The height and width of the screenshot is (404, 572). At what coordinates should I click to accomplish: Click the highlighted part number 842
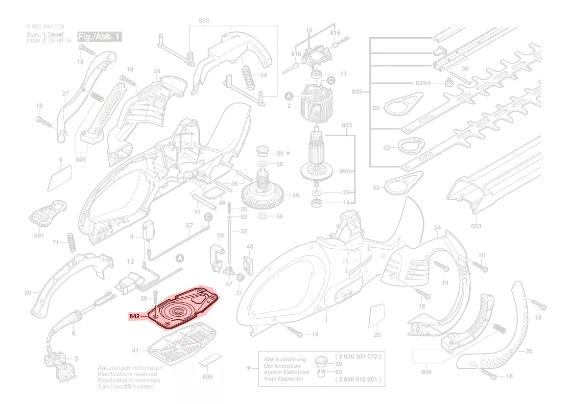(135, 316)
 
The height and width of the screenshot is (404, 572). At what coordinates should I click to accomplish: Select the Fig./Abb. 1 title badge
(99, 37)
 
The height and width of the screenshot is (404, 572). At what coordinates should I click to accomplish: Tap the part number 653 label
(476, 226)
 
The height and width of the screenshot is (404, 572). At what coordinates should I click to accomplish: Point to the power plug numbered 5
(55, 358)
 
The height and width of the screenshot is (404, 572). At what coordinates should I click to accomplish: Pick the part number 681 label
(39, 236)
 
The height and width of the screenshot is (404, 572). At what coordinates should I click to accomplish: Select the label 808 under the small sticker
(207, 377)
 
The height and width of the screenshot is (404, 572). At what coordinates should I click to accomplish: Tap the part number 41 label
(136, 351)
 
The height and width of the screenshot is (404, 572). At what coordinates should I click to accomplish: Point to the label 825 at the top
(204, 20)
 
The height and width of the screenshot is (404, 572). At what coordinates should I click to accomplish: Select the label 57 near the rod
(190, 226)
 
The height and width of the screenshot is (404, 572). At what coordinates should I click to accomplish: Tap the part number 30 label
(28, 293)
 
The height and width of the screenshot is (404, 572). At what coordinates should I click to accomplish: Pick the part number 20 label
(377, 335)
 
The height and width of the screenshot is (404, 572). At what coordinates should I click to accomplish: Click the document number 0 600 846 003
(45, 26)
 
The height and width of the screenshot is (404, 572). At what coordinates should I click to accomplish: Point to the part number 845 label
(81, 160)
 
